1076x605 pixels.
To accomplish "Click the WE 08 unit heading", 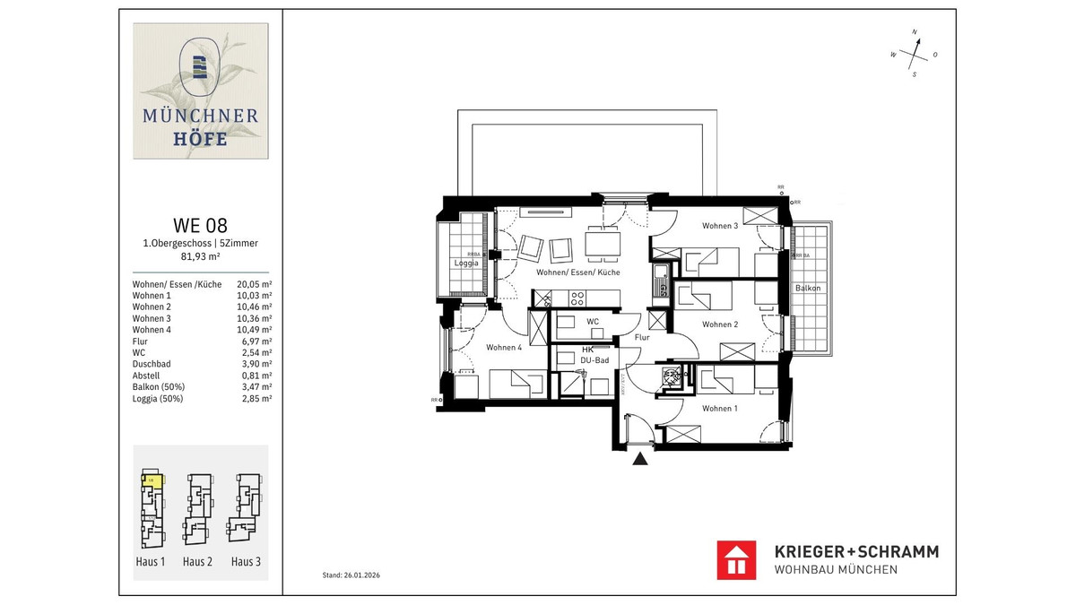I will [x=200, y=225].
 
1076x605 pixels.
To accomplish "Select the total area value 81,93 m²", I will [x=200, y=255].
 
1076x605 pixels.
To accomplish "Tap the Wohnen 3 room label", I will [x=720, y=226].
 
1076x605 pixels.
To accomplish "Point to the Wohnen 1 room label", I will [x=720, y=408].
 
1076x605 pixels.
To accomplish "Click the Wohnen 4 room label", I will [x=504, y=347].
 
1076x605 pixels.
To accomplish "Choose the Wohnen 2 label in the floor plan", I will [x=720, y=324].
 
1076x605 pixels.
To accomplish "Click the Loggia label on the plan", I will [x=465, y=264].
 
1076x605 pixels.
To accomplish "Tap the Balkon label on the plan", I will [x=807, y=288].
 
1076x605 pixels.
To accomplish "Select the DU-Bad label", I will [x=594, y=360].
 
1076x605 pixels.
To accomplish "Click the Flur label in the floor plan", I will [x=642, y=338].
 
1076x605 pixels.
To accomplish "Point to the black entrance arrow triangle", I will [x=640, y=460].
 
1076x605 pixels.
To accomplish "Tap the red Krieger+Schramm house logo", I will [x=737, y=560].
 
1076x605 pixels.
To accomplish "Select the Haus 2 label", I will [x=197, y=562].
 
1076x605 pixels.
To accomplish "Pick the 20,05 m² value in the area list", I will [x=254, y=283].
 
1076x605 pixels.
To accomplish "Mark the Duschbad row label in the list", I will [x=152, y=365].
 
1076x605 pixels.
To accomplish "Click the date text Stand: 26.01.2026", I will [x=357, y=575].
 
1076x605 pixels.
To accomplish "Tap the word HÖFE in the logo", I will [x=201, y=139].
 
